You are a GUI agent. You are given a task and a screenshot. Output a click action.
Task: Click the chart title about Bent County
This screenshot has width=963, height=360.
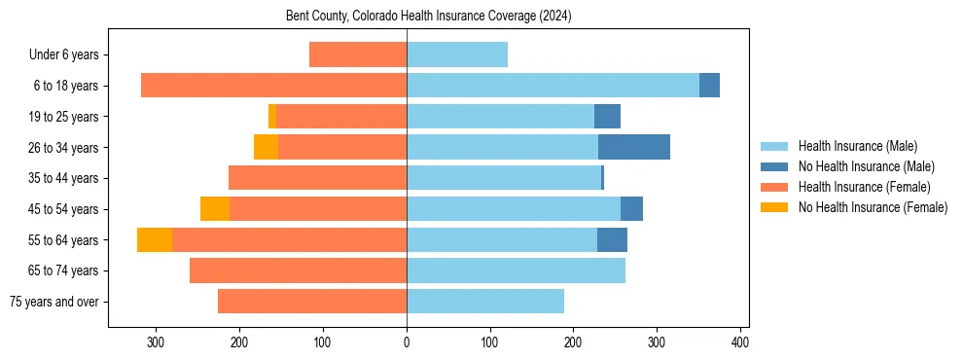tap(428, 17)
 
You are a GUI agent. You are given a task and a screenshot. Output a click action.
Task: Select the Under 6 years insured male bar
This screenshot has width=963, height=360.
tap(457, 55)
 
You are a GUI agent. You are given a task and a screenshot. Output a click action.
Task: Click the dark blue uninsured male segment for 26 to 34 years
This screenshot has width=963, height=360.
tap(634, 147)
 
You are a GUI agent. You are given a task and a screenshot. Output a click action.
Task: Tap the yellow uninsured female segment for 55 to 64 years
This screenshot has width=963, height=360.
tap(155, 239)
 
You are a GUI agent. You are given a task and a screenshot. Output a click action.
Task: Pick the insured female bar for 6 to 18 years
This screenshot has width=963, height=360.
tap(273, 86)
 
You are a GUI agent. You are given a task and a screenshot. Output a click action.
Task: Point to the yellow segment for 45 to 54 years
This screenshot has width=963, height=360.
tap(215, 208)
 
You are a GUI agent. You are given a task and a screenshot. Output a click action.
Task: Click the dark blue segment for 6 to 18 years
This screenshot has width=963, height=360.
tap(709, 86)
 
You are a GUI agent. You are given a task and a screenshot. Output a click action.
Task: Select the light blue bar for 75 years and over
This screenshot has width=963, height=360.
tap(485, 301)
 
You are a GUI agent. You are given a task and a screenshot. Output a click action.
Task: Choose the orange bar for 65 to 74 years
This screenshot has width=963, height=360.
tap(298, 270)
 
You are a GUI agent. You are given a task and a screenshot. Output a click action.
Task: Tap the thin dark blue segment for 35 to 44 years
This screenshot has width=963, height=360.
tap(602, 178)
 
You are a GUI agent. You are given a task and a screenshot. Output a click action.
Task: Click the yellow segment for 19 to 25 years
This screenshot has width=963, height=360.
tap(272, 117)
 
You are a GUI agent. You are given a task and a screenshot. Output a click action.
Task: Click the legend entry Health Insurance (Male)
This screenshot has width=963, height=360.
tap(857, 146)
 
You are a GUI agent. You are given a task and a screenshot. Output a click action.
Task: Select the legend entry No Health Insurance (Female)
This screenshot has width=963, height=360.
tap(873, 207)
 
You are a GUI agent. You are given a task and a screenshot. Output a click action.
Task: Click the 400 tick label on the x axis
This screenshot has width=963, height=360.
tap(740, 342)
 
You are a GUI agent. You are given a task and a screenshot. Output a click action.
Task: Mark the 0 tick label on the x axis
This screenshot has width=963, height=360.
tap(407, 342)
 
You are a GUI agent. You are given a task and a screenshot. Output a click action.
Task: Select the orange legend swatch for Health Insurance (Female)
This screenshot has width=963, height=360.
tap(774, 187)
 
